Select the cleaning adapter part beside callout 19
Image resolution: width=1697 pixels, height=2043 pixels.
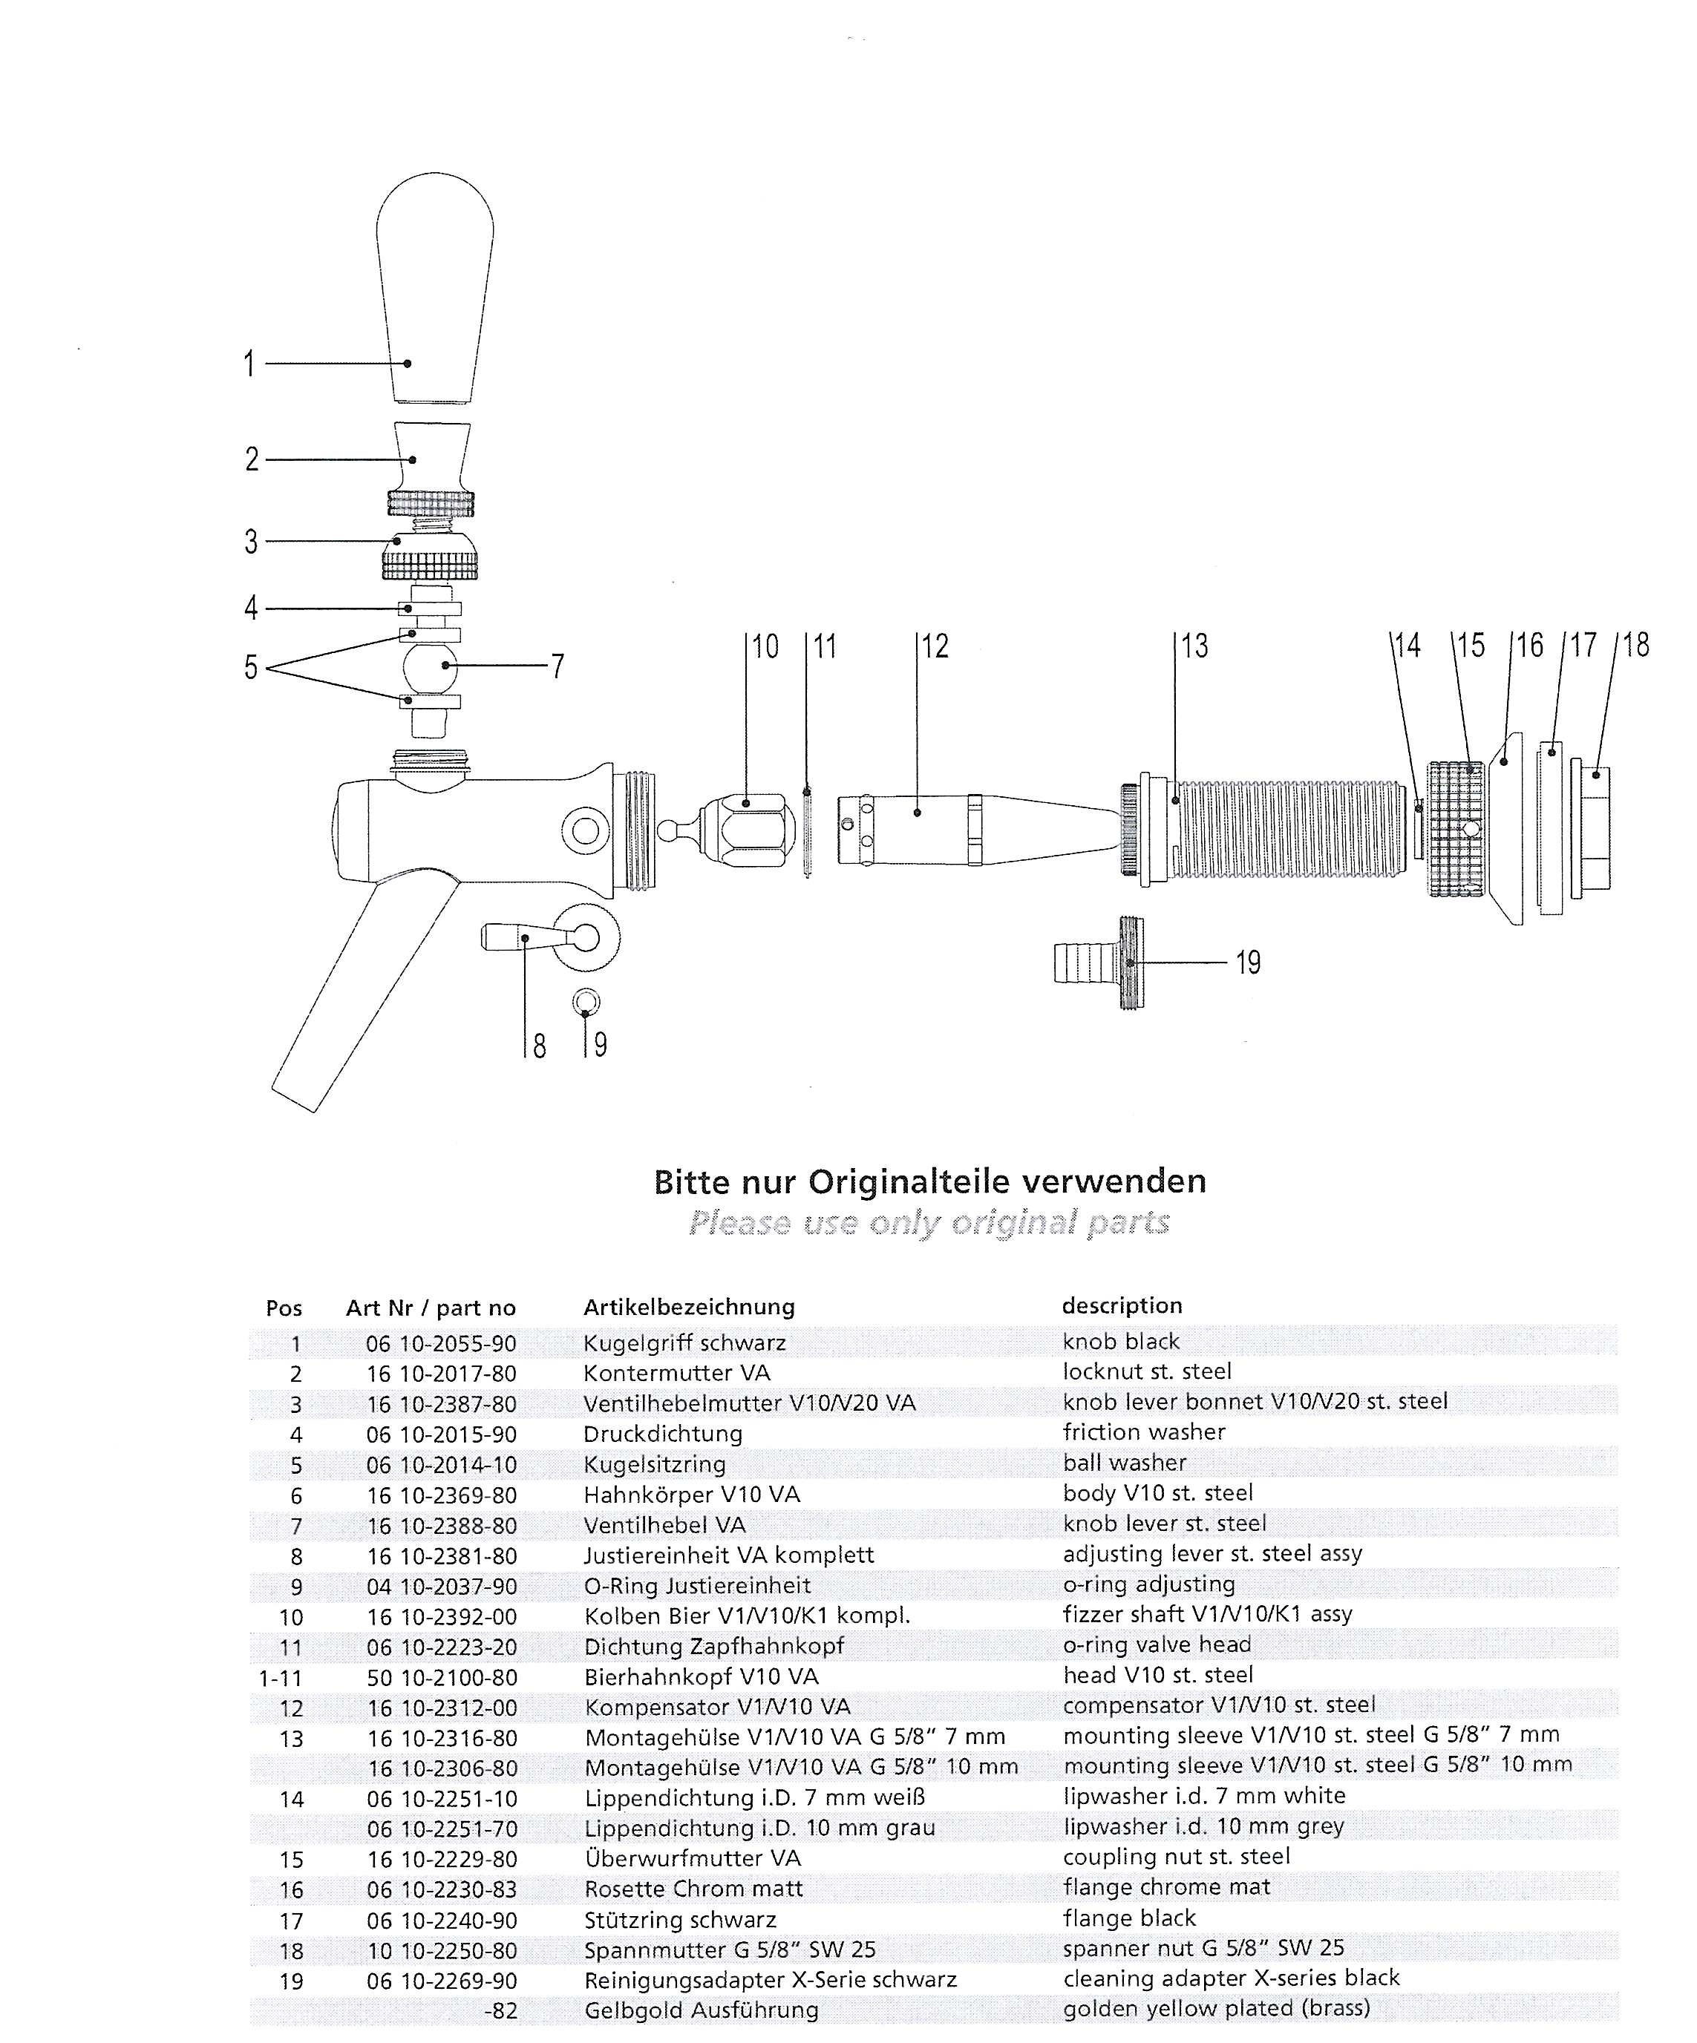pos(1099,963)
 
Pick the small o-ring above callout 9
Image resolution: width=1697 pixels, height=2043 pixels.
pos(586,1001)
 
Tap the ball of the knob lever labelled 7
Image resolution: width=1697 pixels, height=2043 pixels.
pos(428,666)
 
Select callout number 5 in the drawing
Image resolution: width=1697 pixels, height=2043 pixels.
pos(251,667)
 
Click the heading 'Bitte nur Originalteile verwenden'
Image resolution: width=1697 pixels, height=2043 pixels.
pos(929,1182)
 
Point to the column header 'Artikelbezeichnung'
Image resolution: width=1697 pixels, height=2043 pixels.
pos(689,1307)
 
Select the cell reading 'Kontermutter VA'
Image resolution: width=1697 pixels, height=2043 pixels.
pos(676,1373)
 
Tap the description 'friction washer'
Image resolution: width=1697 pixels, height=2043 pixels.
pos(1143,1432)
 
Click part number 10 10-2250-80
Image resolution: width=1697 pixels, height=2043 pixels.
pos(441,1950)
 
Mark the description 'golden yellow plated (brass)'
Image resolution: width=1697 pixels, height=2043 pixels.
pos(1216,2008)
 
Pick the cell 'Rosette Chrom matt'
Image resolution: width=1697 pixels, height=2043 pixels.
pos(693,1889)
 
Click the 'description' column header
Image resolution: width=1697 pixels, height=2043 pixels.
pos(1122,1305)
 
